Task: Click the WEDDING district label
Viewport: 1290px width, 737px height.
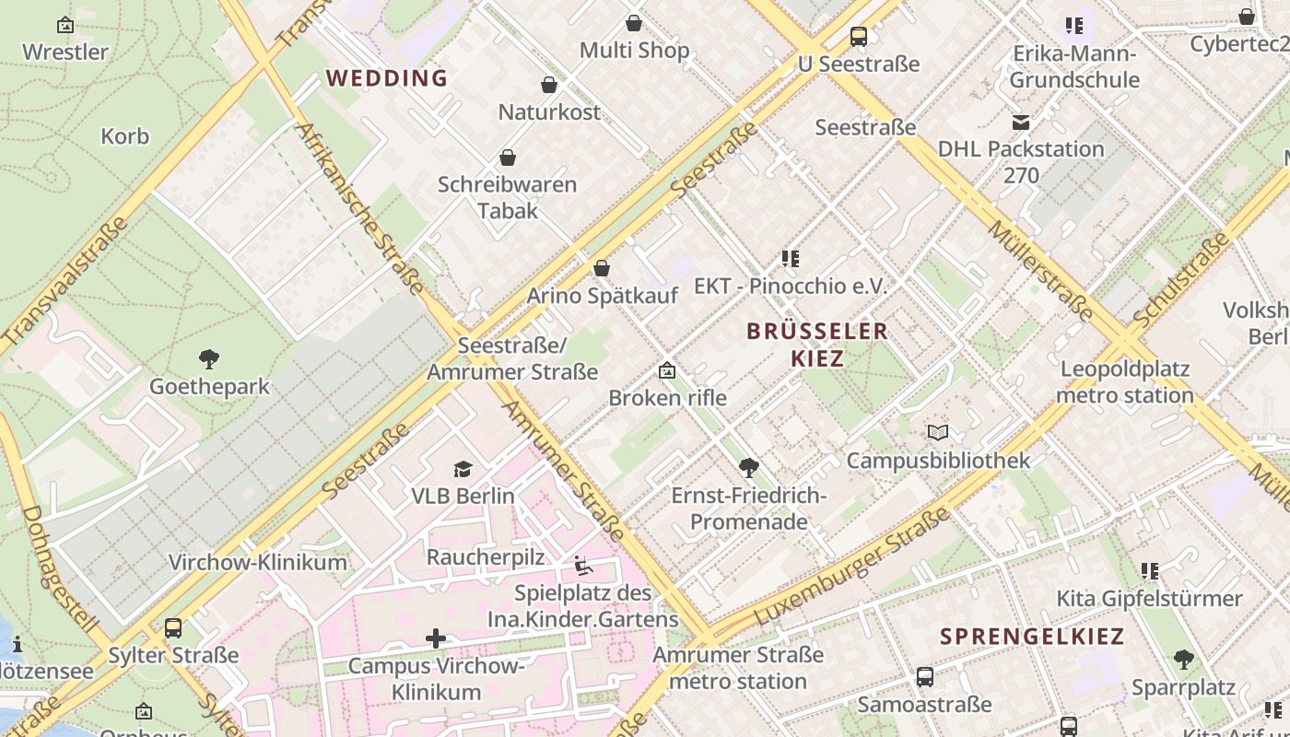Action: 387,78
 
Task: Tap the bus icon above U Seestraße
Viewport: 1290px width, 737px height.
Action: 859,37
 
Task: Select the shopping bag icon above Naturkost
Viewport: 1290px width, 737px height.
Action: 549,86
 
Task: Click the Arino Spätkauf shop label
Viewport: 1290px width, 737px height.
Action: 602,296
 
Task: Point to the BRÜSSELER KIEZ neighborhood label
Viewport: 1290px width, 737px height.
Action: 817,344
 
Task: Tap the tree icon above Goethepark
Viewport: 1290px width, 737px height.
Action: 209,359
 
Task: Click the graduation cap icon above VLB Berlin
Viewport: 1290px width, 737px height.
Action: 463,470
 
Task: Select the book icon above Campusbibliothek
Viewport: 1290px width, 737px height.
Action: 938,433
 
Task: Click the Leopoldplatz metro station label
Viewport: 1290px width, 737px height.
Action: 1125,382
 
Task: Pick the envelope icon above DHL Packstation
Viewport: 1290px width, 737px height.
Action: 1021,123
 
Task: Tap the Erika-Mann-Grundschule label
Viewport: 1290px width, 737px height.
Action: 1074,66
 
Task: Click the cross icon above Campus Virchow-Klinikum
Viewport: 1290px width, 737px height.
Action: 436,638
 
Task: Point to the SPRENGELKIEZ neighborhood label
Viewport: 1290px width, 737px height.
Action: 1032,636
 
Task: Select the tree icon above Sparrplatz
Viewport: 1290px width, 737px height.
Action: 1183,661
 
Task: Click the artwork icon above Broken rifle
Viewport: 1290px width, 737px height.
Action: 667,371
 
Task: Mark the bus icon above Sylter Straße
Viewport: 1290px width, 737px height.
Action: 173,629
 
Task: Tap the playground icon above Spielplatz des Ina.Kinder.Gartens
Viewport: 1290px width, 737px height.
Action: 582,566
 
